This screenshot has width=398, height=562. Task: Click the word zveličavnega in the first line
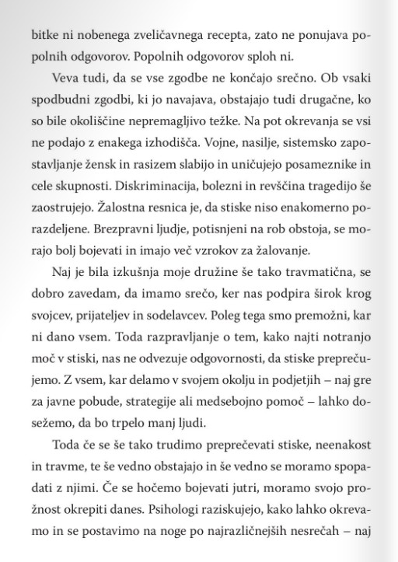click(153, 37)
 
